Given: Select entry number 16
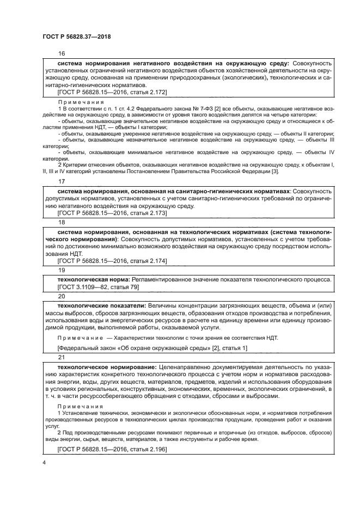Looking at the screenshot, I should pos(61,54).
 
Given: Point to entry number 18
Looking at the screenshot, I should pos(61,223).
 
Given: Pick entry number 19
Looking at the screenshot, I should pos(61,270).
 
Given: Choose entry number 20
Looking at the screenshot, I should pos(61,296).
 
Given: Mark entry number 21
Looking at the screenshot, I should pos(61,357).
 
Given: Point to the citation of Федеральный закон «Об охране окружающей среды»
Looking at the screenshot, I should pos(152,348).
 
